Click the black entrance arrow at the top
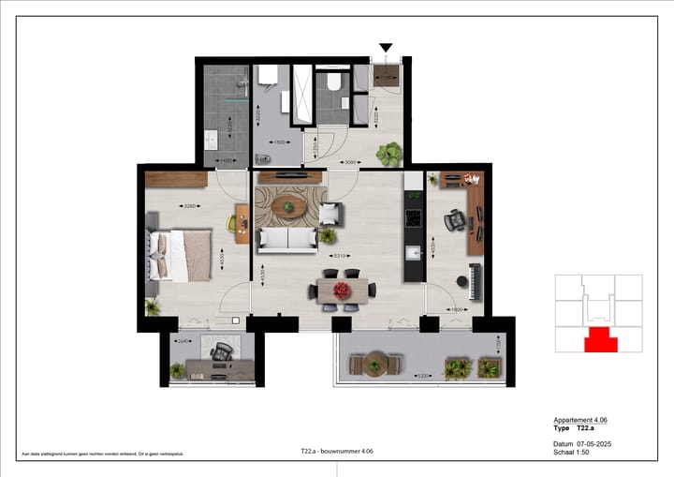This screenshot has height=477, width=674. (x=385, y=48)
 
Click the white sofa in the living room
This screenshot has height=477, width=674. (x=287, y=240)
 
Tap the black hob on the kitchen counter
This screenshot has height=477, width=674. (x=413, y=218)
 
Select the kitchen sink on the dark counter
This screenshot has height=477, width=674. (x=413, y=253)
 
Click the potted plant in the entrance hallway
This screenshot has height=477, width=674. (x=388, y=152)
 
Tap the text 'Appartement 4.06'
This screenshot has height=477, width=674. (x=580, y=420)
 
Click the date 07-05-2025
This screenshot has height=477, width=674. (x=593, y=443)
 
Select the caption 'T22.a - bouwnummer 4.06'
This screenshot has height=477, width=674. (x=337, y=452)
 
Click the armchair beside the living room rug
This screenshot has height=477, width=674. (x=329, y=214)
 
